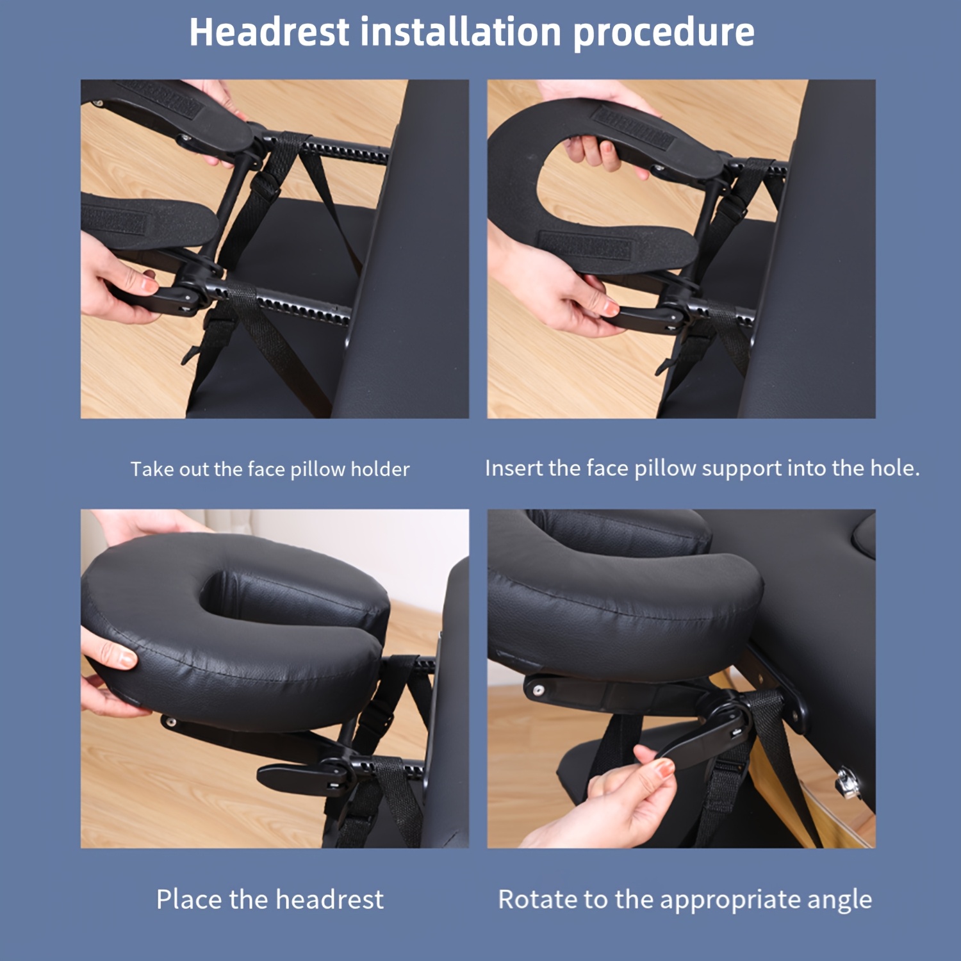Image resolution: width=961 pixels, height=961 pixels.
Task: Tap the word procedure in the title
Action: click(664, 33)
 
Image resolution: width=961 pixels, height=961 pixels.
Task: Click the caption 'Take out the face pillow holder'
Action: click(270, 469)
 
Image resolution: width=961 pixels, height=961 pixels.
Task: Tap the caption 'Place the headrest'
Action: click(270, 899)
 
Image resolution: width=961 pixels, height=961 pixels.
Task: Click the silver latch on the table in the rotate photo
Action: click(848, 784)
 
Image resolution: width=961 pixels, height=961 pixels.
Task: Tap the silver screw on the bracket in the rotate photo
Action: click(538, 691)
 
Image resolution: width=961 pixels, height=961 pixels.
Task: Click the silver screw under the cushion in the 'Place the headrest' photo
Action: click(170, 722)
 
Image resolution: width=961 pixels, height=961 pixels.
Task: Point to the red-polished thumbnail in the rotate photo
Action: click(664, 767)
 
